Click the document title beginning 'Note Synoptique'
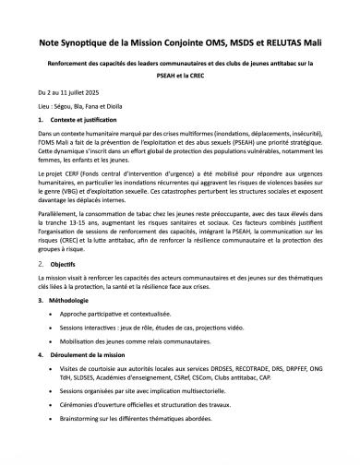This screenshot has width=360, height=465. point(180,42)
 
